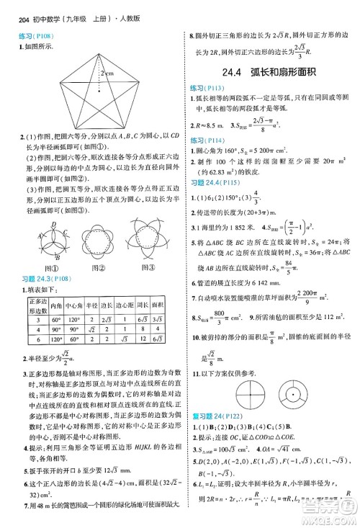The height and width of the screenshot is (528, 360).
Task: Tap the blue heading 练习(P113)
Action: (x=206, y=89)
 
